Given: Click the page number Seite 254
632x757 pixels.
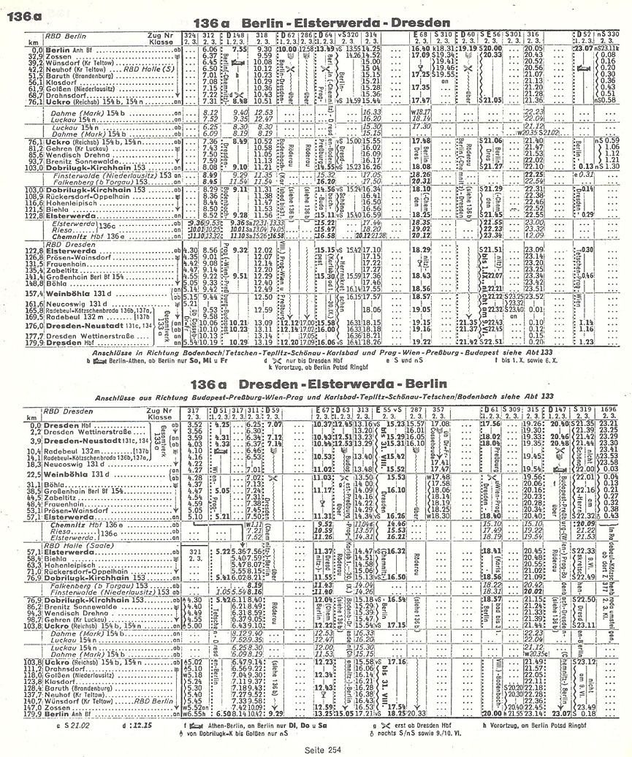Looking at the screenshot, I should click(323, 750).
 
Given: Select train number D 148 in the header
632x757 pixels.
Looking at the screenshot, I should click(236, 35).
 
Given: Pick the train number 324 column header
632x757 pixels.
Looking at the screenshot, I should click(189, 35).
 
